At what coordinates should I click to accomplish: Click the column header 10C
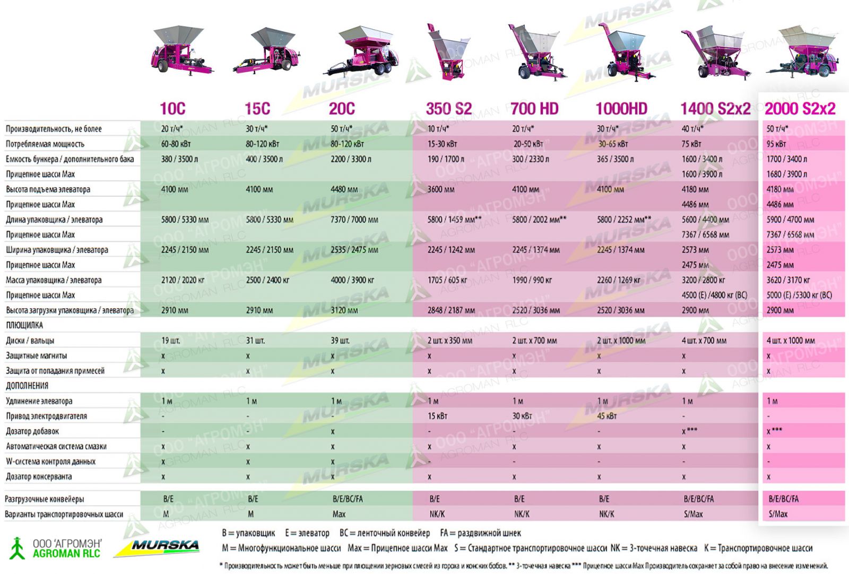(172, 109)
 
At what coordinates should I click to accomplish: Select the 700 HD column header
(534, 109)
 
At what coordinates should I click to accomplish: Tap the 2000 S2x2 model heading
(800, 109)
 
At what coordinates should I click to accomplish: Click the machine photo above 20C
(363, 52)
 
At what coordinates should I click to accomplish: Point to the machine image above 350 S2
(447, 52)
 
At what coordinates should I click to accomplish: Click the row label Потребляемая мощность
(45, 144)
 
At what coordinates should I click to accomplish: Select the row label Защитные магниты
(37, 355)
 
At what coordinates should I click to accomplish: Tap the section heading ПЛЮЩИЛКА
(24, 325)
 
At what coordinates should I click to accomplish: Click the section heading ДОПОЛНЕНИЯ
(27, 386)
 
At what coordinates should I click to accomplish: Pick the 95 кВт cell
(776, 144)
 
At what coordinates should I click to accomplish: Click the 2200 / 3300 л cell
(351, 159)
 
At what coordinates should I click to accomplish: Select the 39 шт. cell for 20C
(340, 341)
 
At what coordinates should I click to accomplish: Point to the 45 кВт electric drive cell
(607, 416)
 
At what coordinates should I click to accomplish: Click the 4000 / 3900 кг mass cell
(352, 280)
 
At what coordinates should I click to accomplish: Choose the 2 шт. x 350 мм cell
(449, 341)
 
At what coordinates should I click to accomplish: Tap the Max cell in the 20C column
(339, 514)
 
